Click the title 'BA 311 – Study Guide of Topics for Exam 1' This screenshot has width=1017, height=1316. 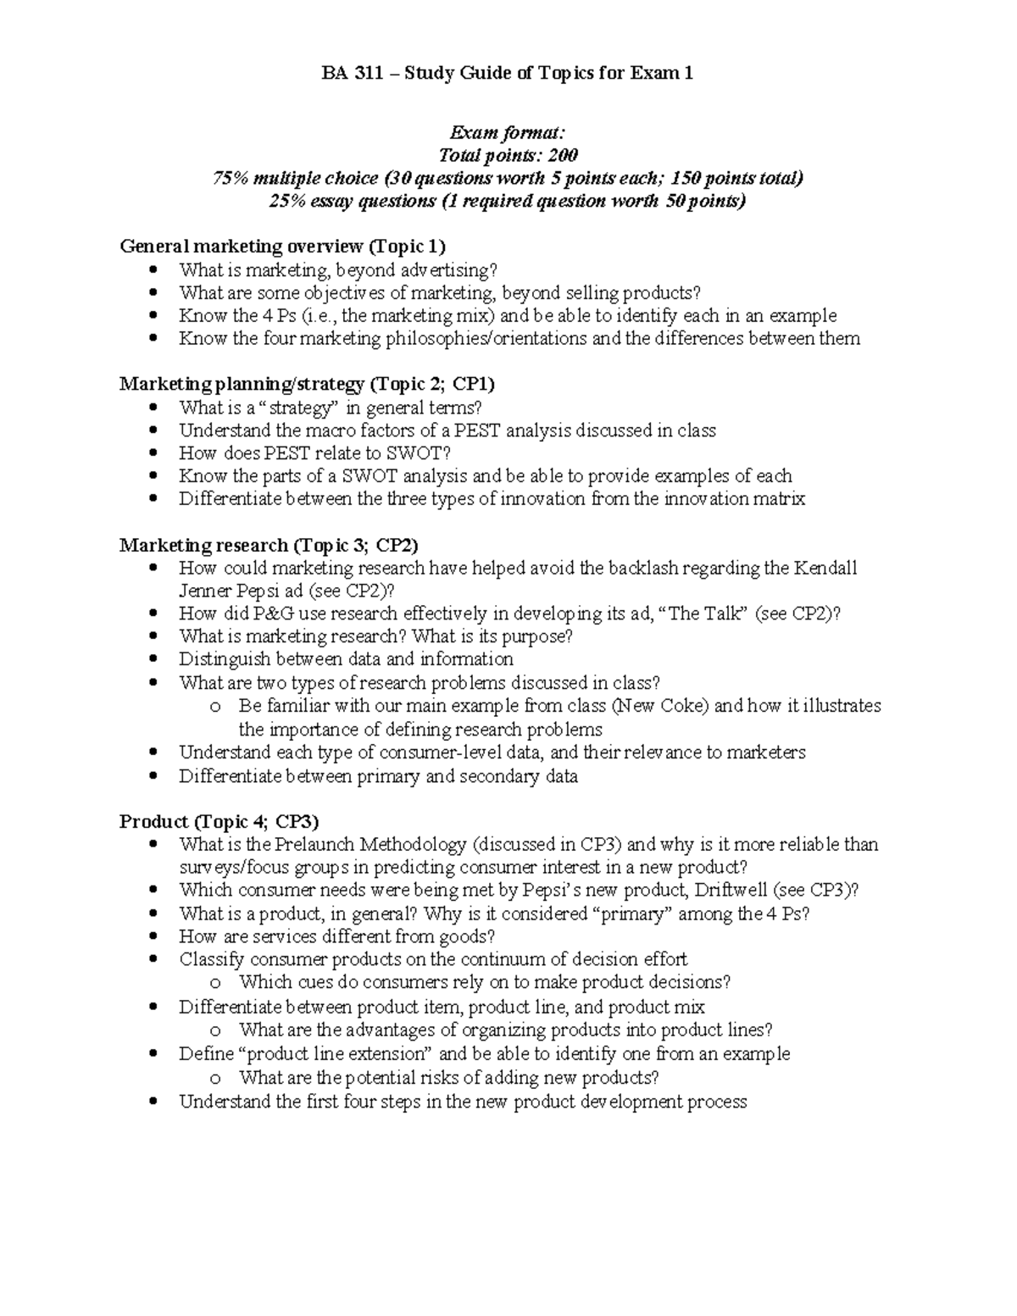pos(508,74)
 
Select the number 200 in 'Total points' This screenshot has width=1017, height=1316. pos(562,155)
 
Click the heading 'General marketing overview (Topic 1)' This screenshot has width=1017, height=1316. pos(282,247)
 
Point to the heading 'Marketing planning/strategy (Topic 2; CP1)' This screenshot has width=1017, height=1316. pos(307,384)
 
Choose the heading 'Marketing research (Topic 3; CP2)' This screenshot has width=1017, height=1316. pos(269,545)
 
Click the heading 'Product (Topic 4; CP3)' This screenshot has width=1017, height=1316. pos(220,821)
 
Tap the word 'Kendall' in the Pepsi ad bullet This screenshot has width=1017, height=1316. pos(825,568)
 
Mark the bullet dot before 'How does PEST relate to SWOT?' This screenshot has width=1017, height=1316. pos(153,453)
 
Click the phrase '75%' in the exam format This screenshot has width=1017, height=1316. pos(231,178)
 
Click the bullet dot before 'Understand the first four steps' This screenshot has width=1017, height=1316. pos(153,1102)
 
